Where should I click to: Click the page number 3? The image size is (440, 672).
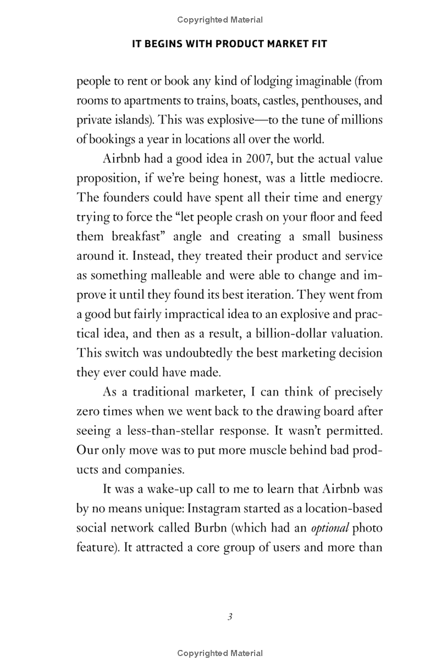point(230,616)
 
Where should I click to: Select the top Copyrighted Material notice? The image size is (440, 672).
point(220,20)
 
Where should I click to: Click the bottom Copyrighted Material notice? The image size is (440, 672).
point(220,653)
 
